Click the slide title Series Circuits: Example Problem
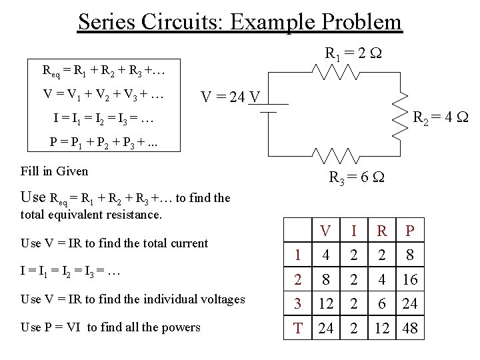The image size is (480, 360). [x=240, y=21]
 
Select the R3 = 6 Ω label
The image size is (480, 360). [x=357, y=178]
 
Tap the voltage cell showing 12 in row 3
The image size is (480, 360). [x=326, y=303]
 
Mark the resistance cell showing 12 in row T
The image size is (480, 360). [x=381, y=327]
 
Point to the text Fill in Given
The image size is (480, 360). [x=55, y=171]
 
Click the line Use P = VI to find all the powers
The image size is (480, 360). [x=111, y=327]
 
